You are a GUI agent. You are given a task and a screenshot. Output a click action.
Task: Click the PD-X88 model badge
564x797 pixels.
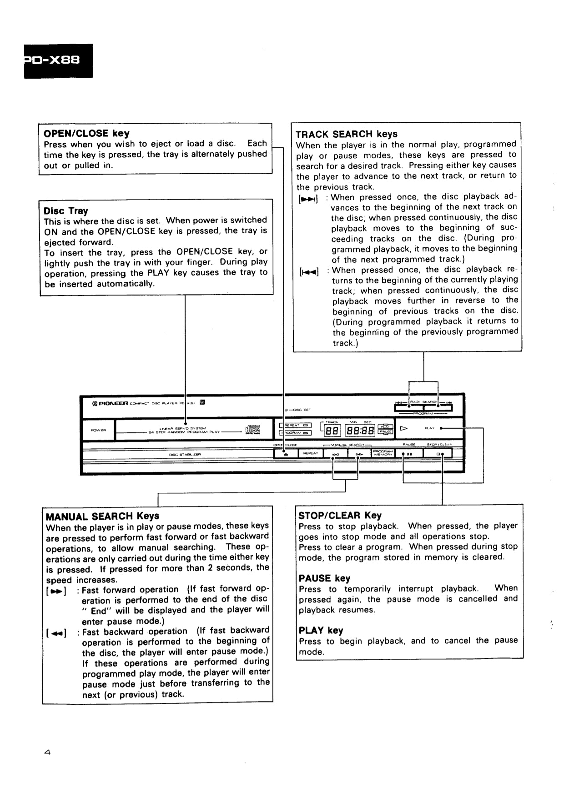tap(58, 60)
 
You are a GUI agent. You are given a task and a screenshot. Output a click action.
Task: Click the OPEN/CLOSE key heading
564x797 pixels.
tap(86, 133)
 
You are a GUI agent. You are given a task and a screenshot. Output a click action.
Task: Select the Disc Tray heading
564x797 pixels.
tap(66, 211)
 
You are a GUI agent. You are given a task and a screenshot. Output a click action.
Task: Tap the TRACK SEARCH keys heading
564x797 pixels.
tap(346, 134)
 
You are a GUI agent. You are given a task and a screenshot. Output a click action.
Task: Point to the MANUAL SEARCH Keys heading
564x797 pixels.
tap(102, 516)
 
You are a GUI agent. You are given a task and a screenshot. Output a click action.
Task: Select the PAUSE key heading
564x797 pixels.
tap(324, 578)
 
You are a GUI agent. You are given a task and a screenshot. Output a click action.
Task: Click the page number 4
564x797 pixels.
tap(47, 752)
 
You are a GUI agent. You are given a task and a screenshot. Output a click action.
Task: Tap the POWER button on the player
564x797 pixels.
tap(98, 430)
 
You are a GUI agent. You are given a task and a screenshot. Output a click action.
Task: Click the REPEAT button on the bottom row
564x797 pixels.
tap(310, 453)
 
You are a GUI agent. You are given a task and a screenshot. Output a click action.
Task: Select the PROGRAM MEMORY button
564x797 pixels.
tap(383, 453)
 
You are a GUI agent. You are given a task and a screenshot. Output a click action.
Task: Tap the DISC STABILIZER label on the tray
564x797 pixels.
tap(185, 454)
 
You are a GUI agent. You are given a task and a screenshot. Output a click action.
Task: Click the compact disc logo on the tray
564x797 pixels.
tap(252, 430)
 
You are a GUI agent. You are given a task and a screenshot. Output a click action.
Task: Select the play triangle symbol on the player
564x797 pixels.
tap(403, 428)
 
